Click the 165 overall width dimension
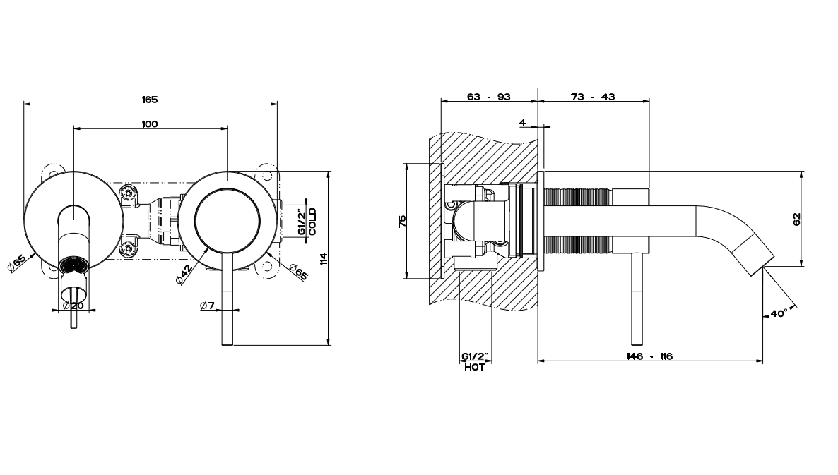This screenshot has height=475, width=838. (x=150, y=100)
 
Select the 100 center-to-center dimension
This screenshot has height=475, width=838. (x=150, y=124)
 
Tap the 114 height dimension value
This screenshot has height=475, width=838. (x=323, y=259)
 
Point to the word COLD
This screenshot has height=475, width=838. (x=312, y=222)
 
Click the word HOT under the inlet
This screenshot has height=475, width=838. (x=474, y=367)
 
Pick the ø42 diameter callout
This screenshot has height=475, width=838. (x=183, y=273)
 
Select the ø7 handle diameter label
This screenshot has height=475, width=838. (x=207, y=306)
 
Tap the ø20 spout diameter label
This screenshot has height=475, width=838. (x=73, y=306)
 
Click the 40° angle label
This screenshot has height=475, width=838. (x=779, y=313)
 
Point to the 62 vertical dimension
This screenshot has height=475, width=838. (x=797, y=220)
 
